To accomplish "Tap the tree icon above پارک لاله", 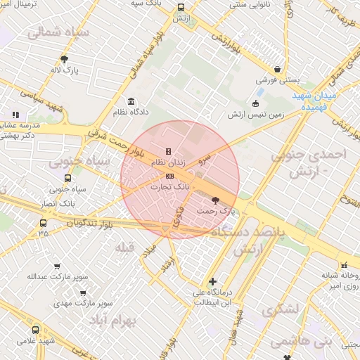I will (x=65, y=60).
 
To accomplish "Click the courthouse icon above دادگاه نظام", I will (x=131, y=101).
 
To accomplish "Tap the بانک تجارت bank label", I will (x=170, y=188).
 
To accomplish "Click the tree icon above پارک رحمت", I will (x=215, y=200).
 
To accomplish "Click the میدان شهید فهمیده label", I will (x=310, y=102).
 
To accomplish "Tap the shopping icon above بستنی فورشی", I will (x=278, y=70).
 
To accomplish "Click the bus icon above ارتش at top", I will (x=181, y=8).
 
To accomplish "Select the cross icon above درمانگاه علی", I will (x=213, y=282).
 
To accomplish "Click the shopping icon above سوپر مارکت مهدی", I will (x=84, y=293).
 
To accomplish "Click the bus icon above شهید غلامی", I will (x=36, y=330).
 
